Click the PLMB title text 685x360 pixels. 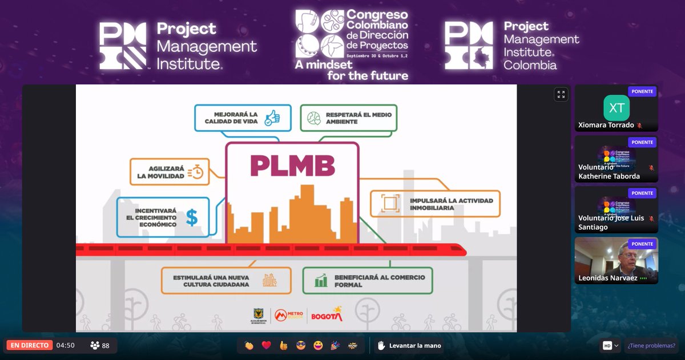pos(292,165)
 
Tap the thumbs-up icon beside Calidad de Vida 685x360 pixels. pos(272,118)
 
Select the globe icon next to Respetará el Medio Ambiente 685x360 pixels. pos(313,118)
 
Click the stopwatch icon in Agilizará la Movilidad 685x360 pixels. pos(196,171)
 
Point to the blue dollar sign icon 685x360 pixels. pos(192,217)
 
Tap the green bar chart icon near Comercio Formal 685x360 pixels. pos(321,280)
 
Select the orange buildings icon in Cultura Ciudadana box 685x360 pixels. pos(269,280)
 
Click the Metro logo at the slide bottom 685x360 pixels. pos(288,315)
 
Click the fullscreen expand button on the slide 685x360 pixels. pos(561,95)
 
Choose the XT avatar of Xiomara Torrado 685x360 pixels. pos(616,108)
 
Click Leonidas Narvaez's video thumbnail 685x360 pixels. pos(616,260)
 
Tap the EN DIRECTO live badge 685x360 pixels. pos(30,345)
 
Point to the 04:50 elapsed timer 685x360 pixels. pos(65,345)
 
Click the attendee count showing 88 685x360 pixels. pos(100,345)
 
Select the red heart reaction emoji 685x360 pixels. pos(266,345)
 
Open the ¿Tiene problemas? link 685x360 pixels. pos(651,345)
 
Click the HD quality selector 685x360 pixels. pos(610,345)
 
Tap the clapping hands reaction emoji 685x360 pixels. pos(249,345)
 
